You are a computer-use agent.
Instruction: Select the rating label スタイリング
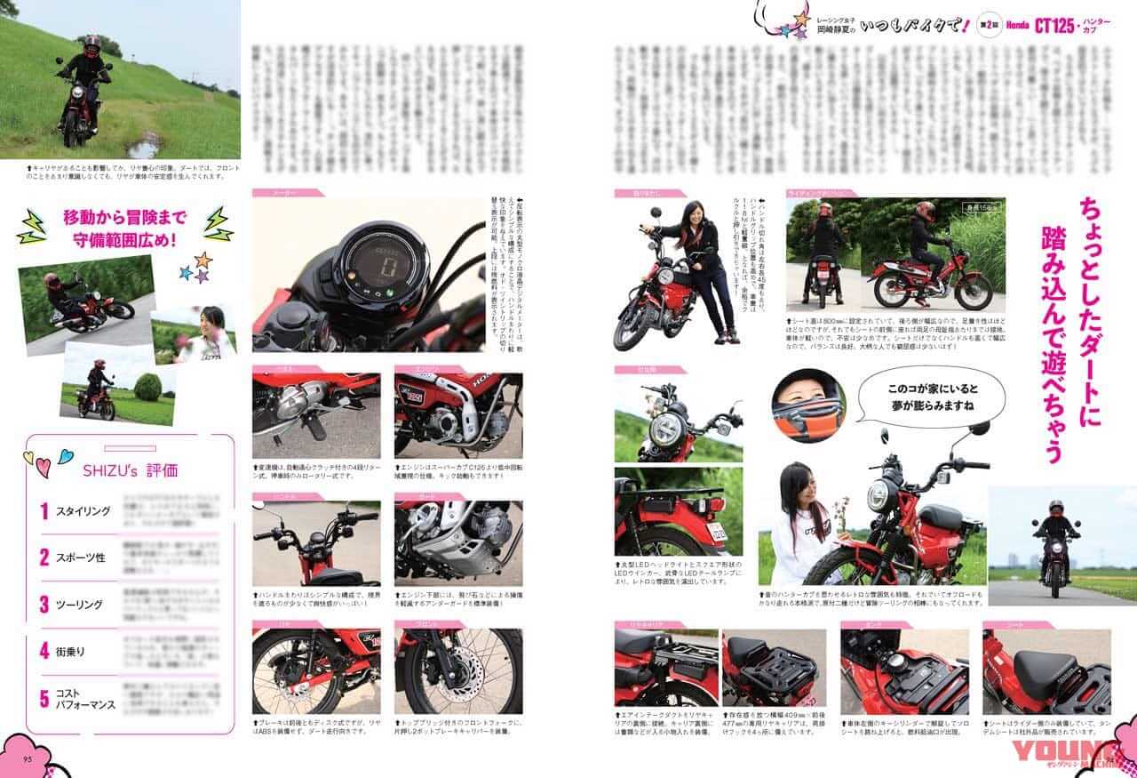click(83, 511)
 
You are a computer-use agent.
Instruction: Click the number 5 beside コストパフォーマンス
click(44, 698)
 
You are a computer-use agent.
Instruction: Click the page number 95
click(28, 758)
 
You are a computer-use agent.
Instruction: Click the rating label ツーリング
click(80, 605)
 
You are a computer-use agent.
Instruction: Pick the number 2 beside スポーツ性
click(44, 557)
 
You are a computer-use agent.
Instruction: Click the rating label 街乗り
click(70, 651)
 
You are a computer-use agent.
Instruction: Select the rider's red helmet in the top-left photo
click(91, 44)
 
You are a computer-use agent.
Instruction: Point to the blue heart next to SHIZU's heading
click(65, 456)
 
